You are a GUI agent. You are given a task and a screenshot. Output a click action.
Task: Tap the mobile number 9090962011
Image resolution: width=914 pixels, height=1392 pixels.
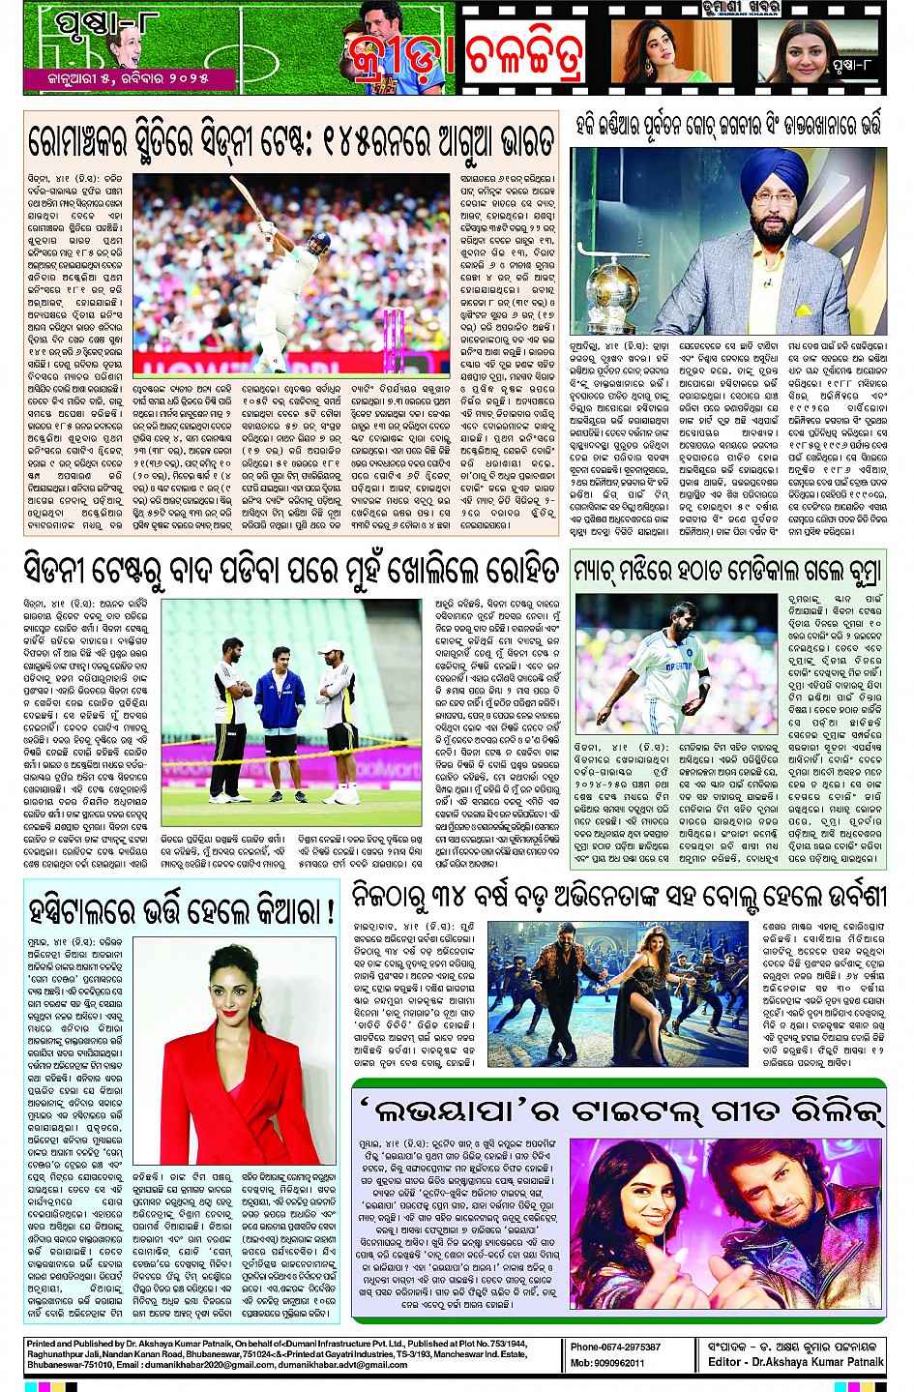[x=607, y=1363]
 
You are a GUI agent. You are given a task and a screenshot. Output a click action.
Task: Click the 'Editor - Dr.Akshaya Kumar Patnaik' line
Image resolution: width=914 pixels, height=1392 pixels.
[x=795, y=1362]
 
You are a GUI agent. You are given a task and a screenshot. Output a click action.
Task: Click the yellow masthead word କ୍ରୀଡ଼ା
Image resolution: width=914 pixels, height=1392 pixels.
[x=399, y=58]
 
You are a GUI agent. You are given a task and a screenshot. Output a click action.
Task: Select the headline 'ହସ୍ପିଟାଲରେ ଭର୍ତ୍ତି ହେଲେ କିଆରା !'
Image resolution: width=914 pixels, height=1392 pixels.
[x=182, y=910]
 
